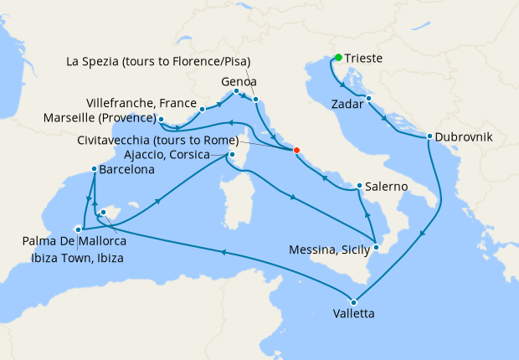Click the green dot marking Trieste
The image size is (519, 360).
pos(338,58)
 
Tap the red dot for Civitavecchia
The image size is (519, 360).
pos(295,151)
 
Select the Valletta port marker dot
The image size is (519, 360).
pos(354,302)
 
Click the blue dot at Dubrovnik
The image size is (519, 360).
pos(429,136)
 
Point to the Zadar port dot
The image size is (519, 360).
pos(368,99)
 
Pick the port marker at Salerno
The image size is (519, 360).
pos(359,186)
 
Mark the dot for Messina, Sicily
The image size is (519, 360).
pos(377,247)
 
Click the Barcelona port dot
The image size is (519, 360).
pos(94,170)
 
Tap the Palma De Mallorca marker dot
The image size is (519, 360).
pos(78,229)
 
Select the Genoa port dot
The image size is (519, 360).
pos(236,90)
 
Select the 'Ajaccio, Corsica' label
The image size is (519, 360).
pos(175,154)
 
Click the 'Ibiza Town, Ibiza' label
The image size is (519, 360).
pos(74,258)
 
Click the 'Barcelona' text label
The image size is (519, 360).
pos(126,170)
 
